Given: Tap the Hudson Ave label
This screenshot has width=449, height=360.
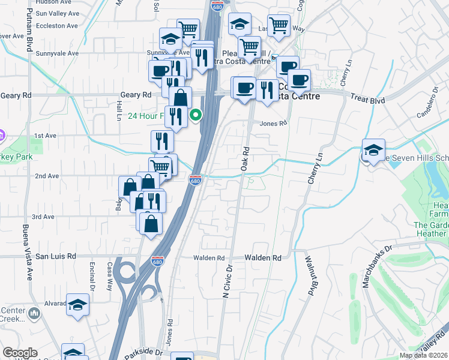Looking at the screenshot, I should (x=50, y=2).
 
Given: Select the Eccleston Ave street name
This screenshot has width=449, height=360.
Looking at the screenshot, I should (x=57, y=26).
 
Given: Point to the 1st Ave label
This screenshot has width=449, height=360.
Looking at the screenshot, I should (x=45, y=136).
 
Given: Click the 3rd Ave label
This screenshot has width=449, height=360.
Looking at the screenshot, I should (x=44, y=217).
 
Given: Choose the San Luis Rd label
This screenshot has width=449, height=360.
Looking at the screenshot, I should (x=56, y=256).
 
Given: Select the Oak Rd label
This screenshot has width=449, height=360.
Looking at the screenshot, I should (x=245, y=159).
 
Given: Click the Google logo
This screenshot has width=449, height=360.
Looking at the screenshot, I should (x=20, y=353).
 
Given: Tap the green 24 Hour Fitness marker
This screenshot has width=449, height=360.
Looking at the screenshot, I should (x=195, y=115).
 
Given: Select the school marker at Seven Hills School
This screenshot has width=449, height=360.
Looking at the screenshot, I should (x=373, y=150).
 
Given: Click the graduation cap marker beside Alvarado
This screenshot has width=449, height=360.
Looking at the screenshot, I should (x=77, y=305).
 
